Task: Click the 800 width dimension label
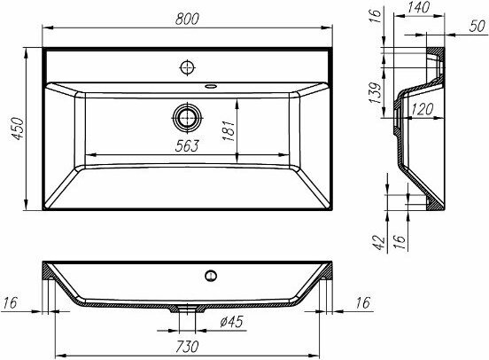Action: (187, 19)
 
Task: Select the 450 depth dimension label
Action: (17, 129)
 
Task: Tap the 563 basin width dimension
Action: (187, 145)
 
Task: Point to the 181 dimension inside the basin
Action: (229, 130)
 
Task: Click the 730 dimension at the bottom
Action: (187, 347)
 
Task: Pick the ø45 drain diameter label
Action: (231, 322)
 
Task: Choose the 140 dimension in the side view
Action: (418, 8)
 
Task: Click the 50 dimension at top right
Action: (477, 26)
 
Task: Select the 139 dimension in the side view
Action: (375, 93)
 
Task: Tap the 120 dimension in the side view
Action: (423, 110)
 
